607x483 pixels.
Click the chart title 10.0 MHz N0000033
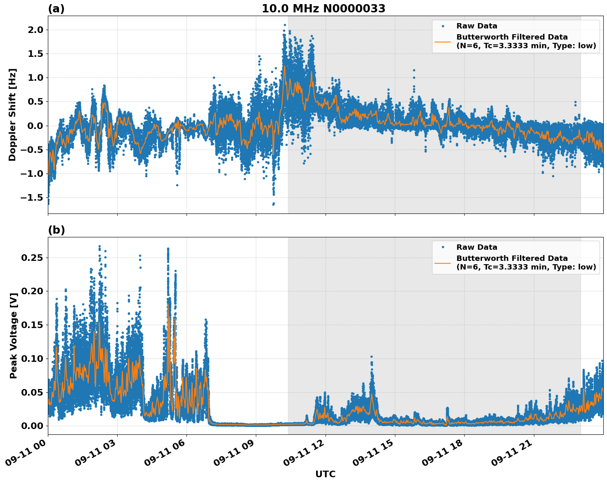pyautogui.click(x=323, y=9)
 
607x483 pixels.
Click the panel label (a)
pyautogui.click(x=56, y=9)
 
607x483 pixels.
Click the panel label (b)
pyautogui.click(x=56, y=230)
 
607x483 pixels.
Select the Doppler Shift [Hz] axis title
pyautogui.click(x=12, y=115)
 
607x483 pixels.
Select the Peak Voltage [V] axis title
pyautogui.click(x=14, y=345)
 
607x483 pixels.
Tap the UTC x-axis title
pyautogui.click(x=325, y=474)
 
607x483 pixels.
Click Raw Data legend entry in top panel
pyautogui.click(x=477, y=26)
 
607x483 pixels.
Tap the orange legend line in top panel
pyautogui.click(x=442, y=41)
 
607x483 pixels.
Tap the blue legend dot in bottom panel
pyautogui.click(x=442, y=247)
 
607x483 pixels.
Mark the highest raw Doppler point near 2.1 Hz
pyautogui.click(x=285, y=25)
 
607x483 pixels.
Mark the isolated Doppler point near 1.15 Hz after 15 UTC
pyautogui.click(x=414, y=70)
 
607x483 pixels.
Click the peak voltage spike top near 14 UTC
pyautogui.click(x=371, y=356)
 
